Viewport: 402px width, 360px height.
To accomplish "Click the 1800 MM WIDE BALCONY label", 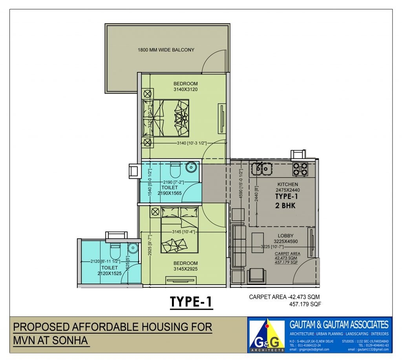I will (x=166, y=50).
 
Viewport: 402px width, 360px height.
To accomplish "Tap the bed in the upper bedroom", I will (x=165, y=118).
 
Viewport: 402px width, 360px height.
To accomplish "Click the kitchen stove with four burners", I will (x=300, y=169).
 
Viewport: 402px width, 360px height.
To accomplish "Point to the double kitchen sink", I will (x=262, y=169).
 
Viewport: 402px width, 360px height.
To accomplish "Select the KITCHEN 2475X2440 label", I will (x=288, y=187).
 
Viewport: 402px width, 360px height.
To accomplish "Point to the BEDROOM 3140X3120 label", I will (x=186, y=86).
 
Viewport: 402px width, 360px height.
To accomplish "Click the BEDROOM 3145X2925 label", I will (x=186, y=266).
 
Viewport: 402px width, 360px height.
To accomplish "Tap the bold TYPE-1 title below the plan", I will (x=191, y=302).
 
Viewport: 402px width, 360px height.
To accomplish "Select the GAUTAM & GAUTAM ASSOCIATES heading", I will (x=339, y=325).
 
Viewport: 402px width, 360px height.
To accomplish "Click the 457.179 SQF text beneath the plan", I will (x=305, y=304).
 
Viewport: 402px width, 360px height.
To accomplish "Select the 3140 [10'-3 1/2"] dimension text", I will (x=191, y=143).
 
